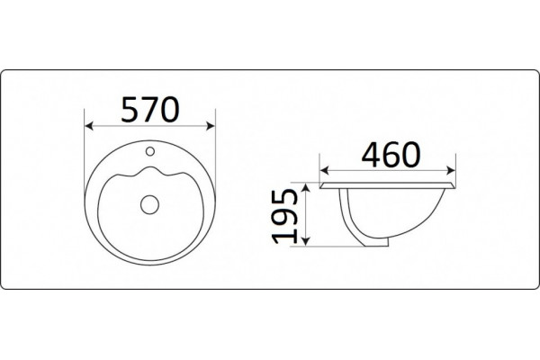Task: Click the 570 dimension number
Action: (x=150, y=110)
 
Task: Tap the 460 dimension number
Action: (x=391, y=155)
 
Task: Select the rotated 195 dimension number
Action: (x=284, y=216)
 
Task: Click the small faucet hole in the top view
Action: (x=150, y=151)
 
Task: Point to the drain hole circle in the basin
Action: (x=149, y=204)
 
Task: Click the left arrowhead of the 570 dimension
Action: (x=89, y=126)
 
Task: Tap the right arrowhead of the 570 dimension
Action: (x=211, y=126)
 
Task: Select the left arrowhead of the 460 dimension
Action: (x=324, y=170)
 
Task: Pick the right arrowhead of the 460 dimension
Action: (x=451, y=170)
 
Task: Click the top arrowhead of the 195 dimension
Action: (x=306, y=188)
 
